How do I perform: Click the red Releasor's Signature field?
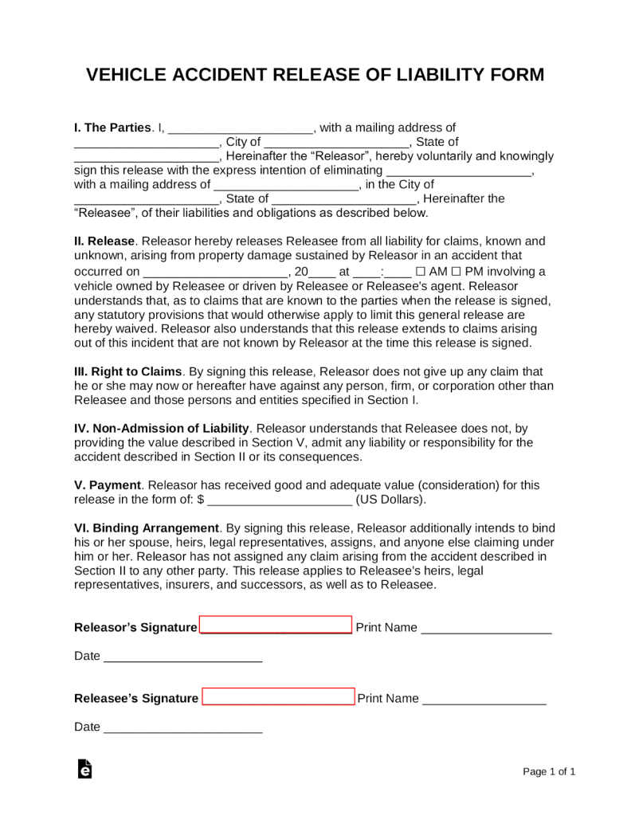point(276,625)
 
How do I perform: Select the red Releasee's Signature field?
point(278,696)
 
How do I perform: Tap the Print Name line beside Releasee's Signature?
point(484,700)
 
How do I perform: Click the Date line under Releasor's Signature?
point(182,658)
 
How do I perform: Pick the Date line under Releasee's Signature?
point(182,728)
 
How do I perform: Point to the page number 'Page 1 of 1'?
point(549,771)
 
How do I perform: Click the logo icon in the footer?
point(84,769)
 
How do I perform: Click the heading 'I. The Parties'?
point(112,127)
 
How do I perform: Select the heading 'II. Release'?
point(105,241)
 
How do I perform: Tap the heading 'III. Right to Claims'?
point(128,371)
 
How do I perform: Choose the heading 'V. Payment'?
point(108,484)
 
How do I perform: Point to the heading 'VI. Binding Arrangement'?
point(147,528)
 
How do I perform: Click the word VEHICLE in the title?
point(125,75)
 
